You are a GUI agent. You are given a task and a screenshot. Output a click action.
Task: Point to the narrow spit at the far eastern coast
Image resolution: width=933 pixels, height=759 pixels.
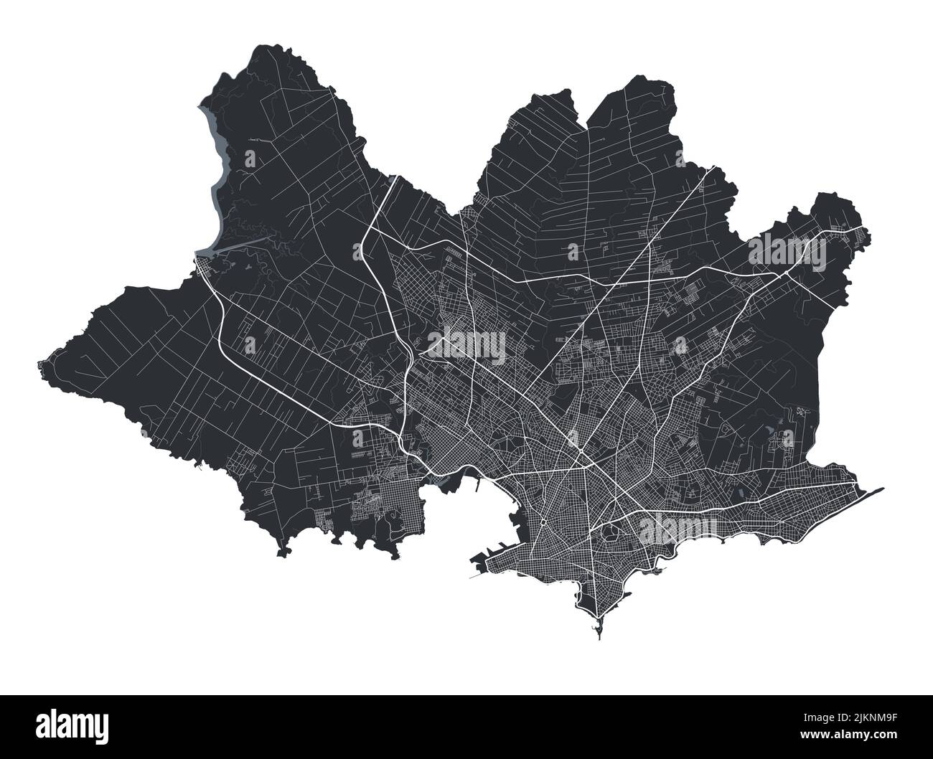coord(872,494)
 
